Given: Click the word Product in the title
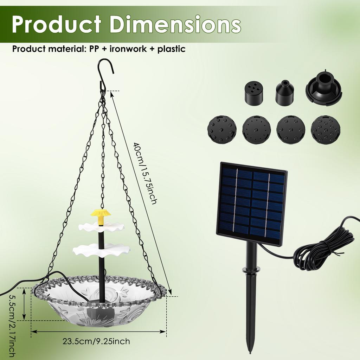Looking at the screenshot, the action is click(x=57, y=24).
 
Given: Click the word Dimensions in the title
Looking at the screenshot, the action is click(x=175, y=24).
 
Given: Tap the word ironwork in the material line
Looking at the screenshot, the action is click(x=128, y=49).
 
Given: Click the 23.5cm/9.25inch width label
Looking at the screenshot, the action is click(x=96, y=341).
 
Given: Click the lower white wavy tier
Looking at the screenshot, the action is click(x=101, y=250).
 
